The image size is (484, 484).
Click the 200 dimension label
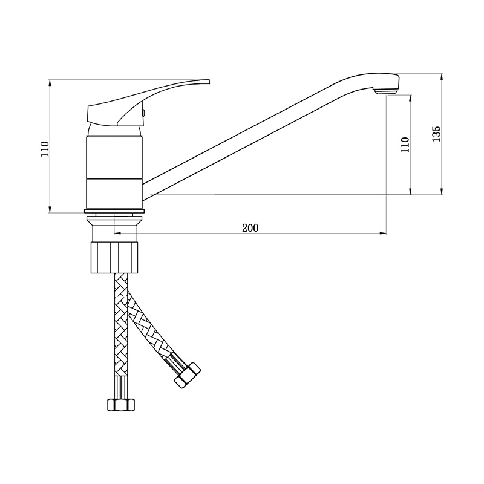click(250, 228)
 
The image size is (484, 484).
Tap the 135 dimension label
click(436, 134)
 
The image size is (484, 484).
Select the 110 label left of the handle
click(45, 149)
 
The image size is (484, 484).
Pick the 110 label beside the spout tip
click(405, 145)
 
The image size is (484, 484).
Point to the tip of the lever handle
click(209, 82)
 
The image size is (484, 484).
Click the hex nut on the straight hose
click(121, 405)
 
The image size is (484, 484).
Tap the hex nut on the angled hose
click(188, 374)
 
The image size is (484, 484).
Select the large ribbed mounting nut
click(114, 258)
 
